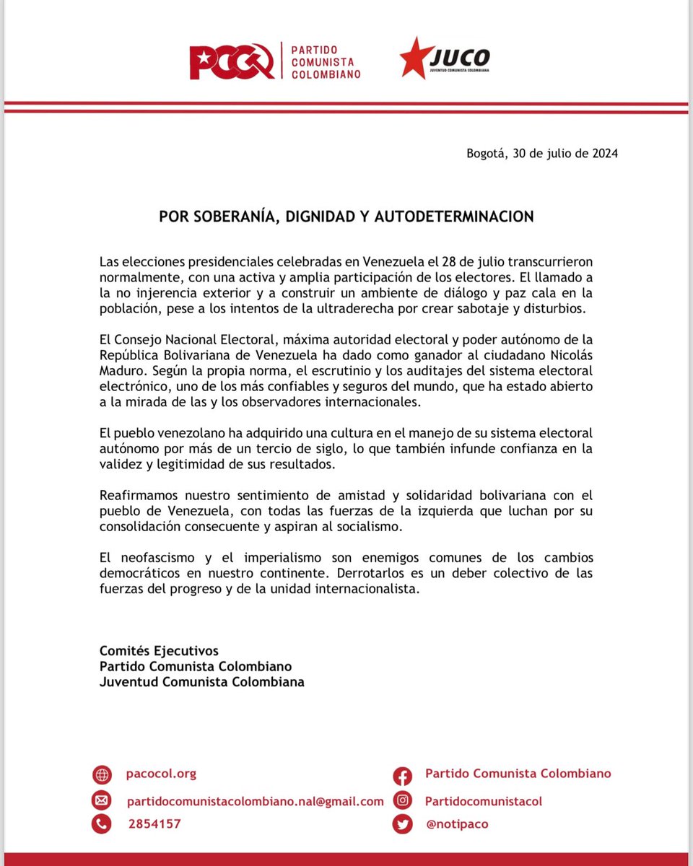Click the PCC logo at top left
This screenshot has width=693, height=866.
pos(231,61)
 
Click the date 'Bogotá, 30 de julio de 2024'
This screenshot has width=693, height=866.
pos(542,153)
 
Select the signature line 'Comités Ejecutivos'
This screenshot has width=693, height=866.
pos(159,651)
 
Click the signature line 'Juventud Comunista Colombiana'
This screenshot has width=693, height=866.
pos(201,681)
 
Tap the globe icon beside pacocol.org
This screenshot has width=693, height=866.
pos(102,775)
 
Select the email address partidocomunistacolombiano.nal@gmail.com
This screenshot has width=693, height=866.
pos(256,801)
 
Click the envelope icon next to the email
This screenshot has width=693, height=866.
pos(102,800)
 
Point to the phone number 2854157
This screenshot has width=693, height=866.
pos(154,823)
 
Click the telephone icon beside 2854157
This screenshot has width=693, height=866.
pos(102,823)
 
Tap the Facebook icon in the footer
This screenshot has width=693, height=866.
pos(403,776)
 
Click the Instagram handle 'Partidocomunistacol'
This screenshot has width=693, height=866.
pos(483,801)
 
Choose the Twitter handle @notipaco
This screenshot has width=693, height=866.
pos(457,823)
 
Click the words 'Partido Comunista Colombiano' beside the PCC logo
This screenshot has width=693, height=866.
pos(326,61)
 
